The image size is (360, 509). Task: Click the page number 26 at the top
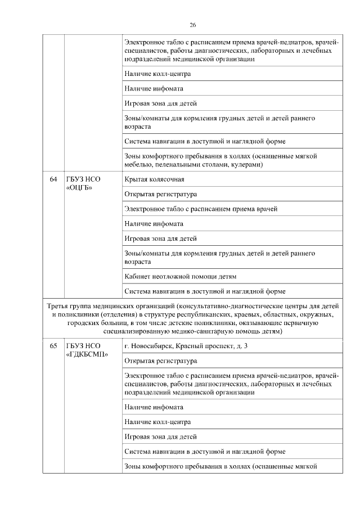pos(193,25)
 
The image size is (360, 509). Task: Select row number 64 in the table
pos(53,179)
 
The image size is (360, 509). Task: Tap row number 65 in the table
pos(53,346)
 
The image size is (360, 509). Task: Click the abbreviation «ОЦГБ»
pos(79,187)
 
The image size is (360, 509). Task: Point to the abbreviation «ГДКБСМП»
pos(87,354)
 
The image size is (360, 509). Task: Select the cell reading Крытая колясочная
pos(154,179)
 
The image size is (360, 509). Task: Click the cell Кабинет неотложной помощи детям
pos(180,277)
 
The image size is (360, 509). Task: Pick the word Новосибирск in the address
pos(150,346)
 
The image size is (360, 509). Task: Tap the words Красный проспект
pos(200,346)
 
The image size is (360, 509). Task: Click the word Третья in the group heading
pos(58,307)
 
